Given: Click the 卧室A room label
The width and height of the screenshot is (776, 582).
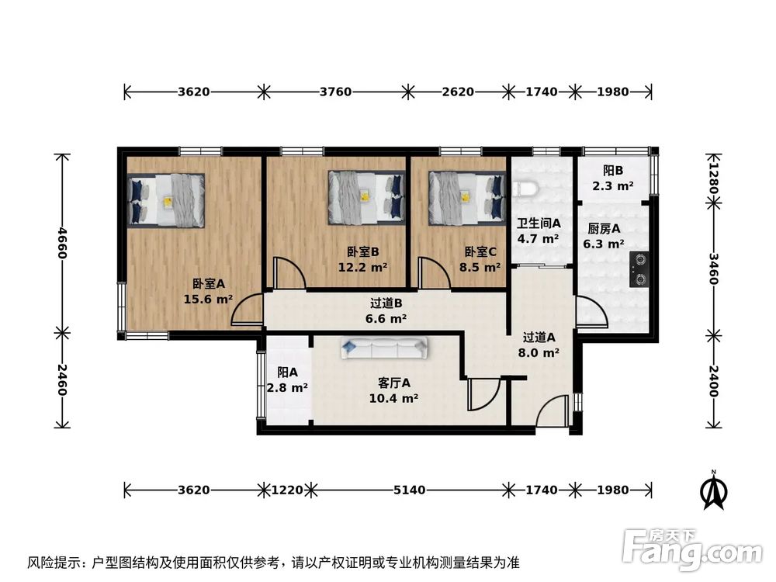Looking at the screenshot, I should [208, 284].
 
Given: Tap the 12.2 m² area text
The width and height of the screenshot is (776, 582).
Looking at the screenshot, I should [363, 268].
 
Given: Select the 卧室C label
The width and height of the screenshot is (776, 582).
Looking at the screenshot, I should [481, 251].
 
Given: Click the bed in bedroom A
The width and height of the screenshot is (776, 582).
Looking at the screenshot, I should [168, 199].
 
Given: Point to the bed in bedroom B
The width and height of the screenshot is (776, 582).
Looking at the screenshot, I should [366, 197].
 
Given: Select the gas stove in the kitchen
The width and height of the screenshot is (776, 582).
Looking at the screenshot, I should [640, 267].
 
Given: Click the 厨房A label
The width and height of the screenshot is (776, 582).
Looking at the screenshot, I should [603, 229].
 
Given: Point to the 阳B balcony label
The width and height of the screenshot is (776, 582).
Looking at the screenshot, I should [613, 171].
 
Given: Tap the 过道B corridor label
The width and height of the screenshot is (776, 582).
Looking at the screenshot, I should [386, 303].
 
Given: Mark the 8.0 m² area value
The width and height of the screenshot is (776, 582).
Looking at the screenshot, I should [540, 352].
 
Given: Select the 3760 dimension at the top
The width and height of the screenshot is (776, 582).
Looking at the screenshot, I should [335, 92].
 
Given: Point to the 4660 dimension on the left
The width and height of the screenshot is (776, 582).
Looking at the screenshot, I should [62, 243].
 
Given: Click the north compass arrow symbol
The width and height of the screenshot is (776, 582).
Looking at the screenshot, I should [712, 490].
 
